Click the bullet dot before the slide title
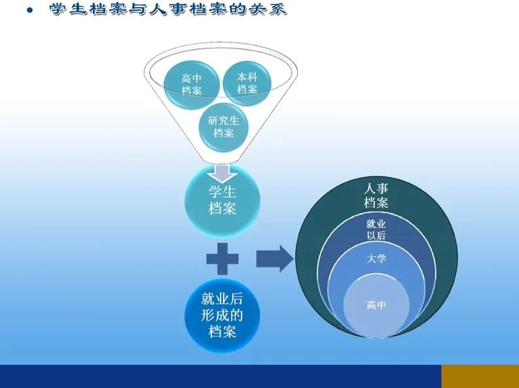coord(30,10)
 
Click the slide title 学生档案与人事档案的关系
coord(168,9)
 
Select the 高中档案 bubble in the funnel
coord(192,84)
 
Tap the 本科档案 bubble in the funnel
coord(247,83)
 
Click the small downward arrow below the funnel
coord(223,173)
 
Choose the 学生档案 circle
coord(223,201)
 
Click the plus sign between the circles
coord(223,259)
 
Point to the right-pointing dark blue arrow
coord(275,259)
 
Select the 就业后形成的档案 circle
coord(223,315)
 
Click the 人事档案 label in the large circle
coord(376,195)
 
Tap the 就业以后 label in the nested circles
coord(376,229)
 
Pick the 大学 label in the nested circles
coord(376,258)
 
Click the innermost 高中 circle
coord(376,305)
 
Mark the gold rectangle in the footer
coord(480,376)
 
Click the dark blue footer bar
coord(221,376)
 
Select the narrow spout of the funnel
coord(223,159)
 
